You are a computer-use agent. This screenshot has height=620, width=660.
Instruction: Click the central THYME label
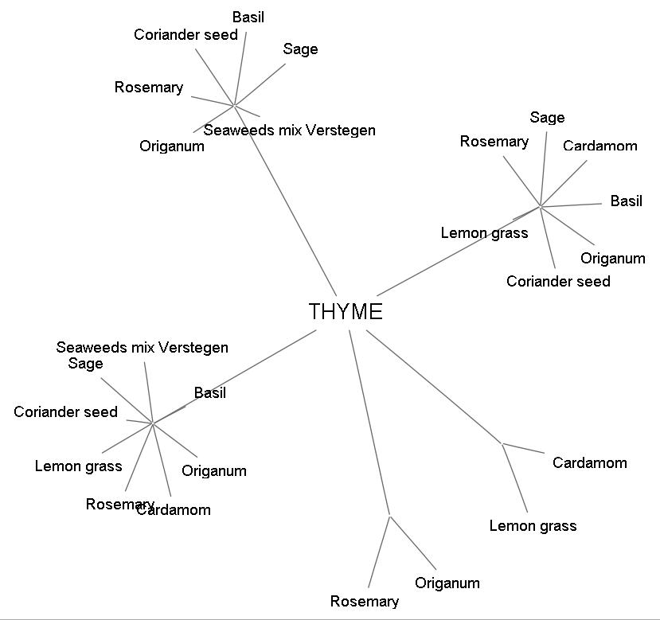pos(346,312)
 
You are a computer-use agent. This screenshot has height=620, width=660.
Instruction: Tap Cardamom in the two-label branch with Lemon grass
pos(589,463)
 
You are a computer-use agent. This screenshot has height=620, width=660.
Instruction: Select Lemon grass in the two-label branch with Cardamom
pos(533,526)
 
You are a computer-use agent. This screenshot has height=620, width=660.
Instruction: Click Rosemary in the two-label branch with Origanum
pos(364,602)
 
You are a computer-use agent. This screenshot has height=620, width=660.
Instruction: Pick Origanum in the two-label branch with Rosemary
pos(447,583)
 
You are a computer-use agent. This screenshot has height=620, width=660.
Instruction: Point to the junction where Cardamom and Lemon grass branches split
pos(502,443)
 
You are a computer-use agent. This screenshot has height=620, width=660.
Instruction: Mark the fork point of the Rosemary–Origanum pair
pos(389,517)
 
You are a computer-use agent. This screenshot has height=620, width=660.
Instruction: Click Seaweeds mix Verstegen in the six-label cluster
pos(289,130)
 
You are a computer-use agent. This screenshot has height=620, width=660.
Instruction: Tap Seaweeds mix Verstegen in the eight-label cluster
pos(142,348)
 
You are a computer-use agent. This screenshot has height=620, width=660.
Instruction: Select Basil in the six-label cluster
pos(248,18)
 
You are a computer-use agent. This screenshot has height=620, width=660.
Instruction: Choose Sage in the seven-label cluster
pos(547,118)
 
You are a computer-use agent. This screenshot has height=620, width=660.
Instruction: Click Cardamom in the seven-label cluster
pos(599,146)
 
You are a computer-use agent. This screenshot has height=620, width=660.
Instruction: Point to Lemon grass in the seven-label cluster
pos(484,233)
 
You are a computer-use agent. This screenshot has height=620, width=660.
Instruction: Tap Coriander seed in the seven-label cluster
pos(558,282)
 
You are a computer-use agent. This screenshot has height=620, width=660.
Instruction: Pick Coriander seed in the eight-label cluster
pos(65,412)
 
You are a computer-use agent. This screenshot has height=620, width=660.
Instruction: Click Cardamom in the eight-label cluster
pos(174,510)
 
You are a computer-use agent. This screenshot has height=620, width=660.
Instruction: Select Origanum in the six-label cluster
pos(171,146)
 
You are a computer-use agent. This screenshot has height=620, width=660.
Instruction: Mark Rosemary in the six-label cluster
pos(148,88)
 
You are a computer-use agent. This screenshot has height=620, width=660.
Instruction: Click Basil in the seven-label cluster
pos(626,201)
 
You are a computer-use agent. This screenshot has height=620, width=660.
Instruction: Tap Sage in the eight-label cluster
pos(85,364)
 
